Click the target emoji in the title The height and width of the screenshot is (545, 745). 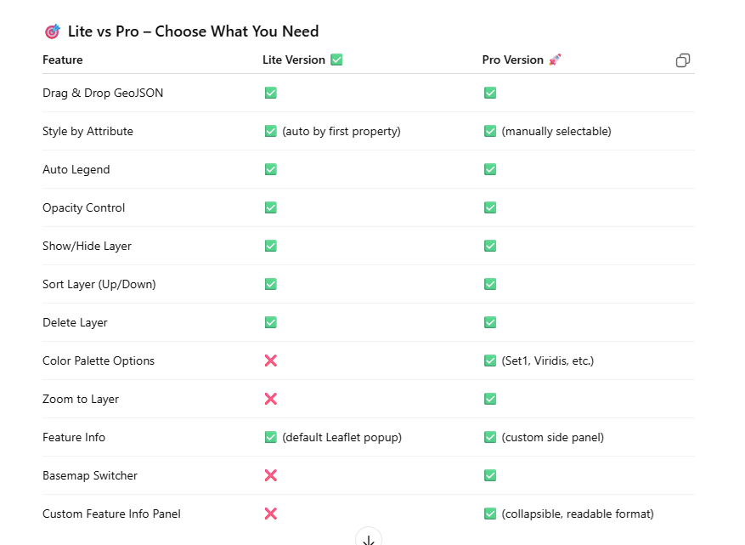pyautogui.click(x=52, y=31)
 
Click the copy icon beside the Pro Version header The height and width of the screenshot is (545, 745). pyautogui.click(x=683, y=60)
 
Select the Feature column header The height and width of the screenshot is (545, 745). pyautogui.click(x=63, y=60)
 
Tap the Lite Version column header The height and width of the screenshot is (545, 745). pyautogui.click(x=294, y=60)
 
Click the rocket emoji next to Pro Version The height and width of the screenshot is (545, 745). pyautogui.click(x=556, y=60)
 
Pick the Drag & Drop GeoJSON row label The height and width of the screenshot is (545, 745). pyautogui.click(x=103, y=93)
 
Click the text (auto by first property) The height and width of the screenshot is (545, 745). pyautogui.click(x=341, y=131)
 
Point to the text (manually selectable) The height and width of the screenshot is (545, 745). pyautogui.click(x=556, y=131)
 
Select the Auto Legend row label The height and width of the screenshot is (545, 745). pyautogui.click(x=76, y=169)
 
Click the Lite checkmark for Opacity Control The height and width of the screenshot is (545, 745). pyautogui.click(x=271, y=207)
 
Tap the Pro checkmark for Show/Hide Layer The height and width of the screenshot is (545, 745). pyautogui.click(x=490, y=246)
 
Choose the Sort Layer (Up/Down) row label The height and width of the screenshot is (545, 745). pyautogui.click(x=99, y=284)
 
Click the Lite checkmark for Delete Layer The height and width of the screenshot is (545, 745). pyautogui.click(x=271, y=322)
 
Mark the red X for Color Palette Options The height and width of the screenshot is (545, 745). pyautogui.click(x=271, y=360)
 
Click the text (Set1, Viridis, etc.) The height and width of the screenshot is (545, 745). pyautogui.click(x=548, y=360)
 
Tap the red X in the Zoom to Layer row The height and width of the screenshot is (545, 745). pyautogui.click(x=271, y=399)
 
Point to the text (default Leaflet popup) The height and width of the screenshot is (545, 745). pyautogui.click(x=342, y=437)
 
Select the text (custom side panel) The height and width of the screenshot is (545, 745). pyautogui.click(x=553, y=437)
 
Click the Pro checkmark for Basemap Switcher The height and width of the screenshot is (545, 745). pyautogui.click(x=490, y=475)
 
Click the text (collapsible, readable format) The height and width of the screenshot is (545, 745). pyautogui.click(x=578, y=514)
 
